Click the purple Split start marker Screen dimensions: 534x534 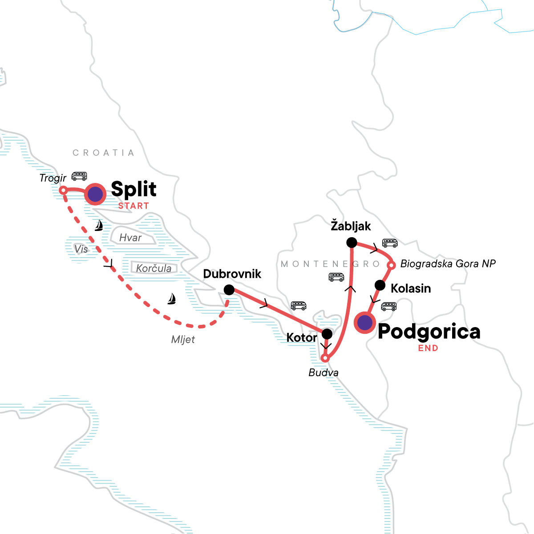click(95, 194)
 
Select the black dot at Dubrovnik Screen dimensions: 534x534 click(229, 290)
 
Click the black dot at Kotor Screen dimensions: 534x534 click(327, 334)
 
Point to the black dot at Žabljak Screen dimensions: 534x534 click(352, 243)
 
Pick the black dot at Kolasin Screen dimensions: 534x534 click(380, 285)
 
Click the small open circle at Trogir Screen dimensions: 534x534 click(63, 190)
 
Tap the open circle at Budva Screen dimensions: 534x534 click(325, 358)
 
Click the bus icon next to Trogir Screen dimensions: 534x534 click(79, 176)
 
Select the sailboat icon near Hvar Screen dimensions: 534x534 click(99, 226)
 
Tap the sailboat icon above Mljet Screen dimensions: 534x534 click(171, 299)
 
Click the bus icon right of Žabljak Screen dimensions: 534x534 click(390, 243)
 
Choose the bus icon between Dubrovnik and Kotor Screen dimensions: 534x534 click(299, 306)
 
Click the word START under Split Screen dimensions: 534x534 click(133, 206)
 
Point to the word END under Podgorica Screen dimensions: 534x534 click(428, 348)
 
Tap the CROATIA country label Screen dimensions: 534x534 click(103, 153)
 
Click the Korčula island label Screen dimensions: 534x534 click(154, 268)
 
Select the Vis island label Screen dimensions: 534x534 click(81, 249)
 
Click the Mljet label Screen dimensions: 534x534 click(183, 340)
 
